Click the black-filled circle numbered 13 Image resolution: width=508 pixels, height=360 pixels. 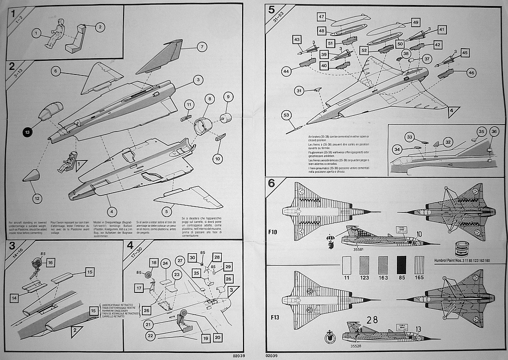pyautogui.click(x=27, y=132)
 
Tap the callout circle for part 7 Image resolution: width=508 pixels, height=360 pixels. pyautogui.click(x=201, y=47)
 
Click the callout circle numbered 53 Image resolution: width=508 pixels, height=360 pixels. pyautogui.click(x=286, y=115)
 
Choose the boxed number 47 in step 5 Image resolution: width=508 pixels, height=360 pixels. pyautogui.click(x=321, y=17)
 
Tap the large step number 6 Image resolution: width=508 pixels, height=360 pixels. pyautogui.click(x=271, y=183)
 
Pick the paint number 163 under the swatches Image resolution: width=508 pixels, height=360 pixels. pyautogui.click(x=383, y=278)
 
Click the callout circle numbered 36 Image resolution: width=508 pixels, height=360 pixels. pyautogui.click(x=494, y=132)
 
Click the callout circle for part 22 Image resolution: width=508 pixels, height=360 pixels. pyautogui.click(x=151, y=336)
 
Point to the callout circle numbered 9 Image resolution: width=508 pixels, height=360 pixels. pyautogui.click(x=228, y=96)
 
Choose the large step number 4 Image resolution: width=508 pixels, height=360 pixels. pyautogui.click(x=130, y=245)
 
